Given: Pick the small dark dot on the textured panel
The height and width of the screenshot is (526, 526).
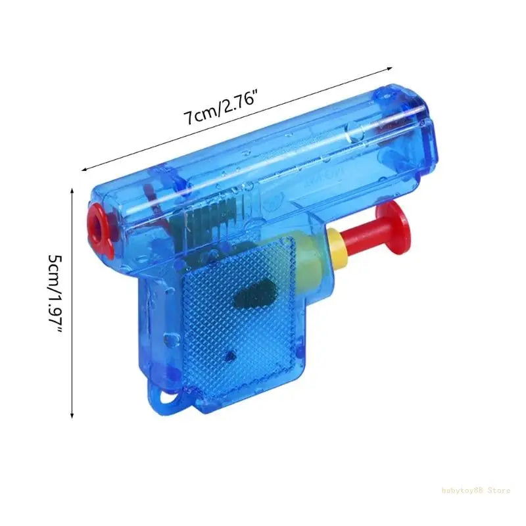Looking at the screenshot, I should [229, 356].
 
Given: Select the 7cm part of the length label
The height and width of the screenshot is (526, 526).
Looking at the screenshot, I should [195, 116].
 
